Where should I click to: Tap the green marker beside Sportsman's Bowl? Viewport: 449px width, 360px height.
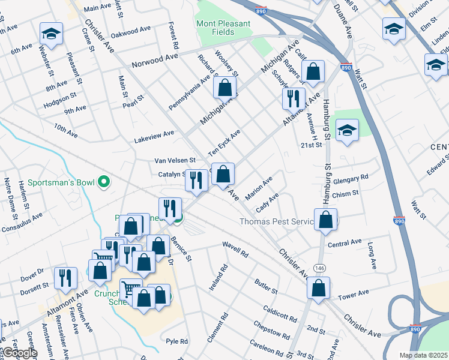point(104,181)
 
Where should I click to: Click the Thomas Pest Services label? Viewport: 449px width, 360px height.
point(276,221)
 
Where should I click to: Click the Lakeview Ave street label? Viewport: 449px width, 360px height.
point(155,133)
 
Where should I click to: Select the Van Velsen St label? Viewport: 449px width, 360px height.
point(175,160)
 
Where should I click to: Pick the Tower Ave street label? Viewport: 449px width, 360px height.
point(353,295)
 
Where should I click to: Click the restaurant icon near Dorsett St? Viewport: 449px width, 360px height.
point(65,278)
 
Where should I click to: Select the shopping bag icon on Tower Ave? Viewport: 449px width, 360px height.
point(318,288)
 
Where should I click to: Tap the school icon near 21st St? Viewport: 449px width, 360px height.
point(347,130)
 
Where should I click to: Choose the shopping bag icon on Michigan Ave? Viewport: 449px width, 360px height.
point(224,88)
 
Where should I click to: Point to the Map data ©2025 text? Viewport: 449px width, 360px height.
point(423,355)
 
